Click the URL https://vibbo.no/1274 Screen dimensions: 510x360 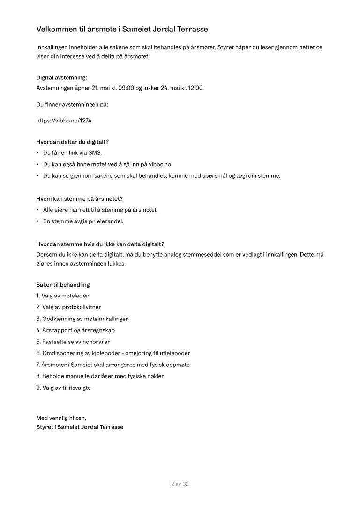[64, 121]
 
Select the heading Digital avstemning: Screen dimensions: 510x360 [61, 78]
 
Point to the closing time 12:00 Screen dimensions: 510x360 [195, 88]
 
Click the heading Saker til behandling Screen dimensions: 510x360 [63, 285]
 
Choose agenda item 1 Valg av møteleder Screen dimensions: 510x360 [62, 296]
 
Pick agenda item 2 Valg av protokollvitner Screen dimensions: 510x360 [68, 307]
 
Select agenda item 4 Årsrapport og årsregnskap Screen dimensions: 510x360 [75, 330]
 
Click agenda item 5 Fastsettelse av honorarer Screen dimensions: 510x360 [73, 342]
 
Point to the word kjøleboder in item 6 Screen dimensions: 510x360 [110, 353]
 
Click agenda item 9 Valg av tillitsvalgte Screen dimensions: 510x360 [64, 388]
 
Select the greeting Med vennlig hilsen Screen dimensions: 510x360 [61, 418]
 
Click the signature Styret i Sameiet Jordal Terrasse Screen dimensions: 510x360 [80, 427]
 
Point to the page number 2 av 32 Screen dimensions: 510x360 [180, 484]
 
